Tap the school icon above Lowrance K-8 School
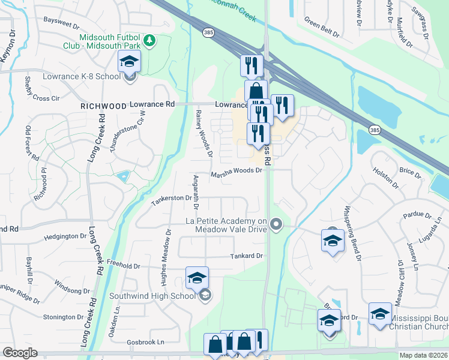[128, 61]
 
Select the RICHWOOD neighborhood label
[104, 106]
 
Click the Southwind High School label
[152, 295]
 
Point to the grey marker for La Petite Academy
[276, 224]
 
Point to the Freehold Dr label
[122, 265]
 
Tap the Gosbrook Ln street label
[144, 341]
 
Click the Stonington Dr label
[62, 317]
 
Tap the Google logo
[19, 353]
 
